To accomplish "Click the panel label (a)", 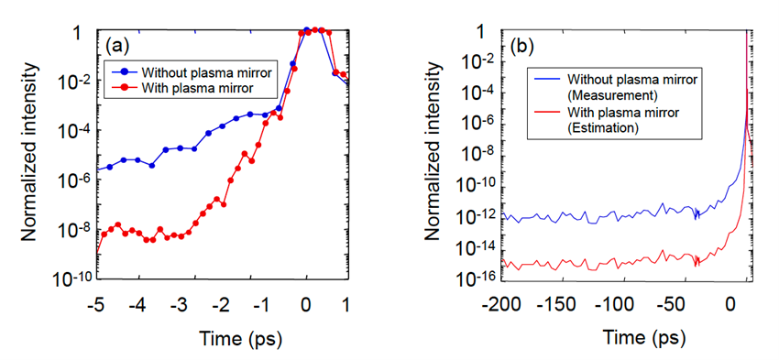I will click(x=120, y=43).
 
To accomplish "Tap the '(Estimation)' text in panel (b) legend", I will click(x=605, y=130).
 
